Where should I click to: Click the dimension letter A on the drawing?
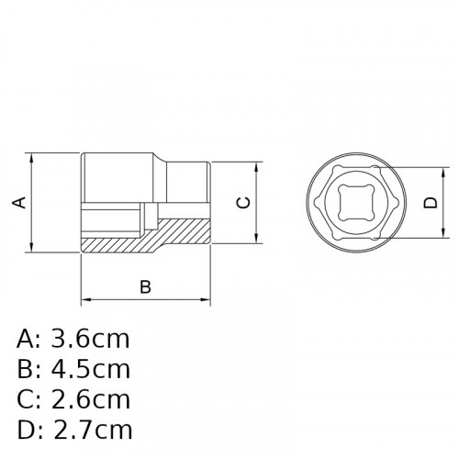[x=18, y=202]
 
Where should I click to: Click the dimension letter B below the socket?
[x=145, y=286]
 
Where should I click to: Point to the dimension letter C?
[x=242, y=203]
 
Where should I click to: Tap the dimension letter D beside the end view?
[x=430, y=204]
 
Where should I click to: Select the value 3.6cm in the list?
[x=90, y=339]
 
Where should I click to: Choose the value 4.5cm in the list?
[x=90, y=369]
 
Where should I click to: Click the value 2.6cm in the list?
[x=90, y=399]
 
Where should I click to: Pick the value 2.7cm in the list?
[x=90, y=430]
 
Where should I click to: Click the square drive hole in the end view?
[x=352, y=204]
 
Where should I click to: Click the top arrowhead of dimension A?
[x=33, y=156]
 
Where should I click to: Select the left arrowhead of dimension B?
[x=85, y=299]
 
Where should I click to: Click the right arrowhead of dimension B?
[x=207, y=299]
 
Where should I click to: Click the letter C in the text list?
[x=26, y=399]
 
